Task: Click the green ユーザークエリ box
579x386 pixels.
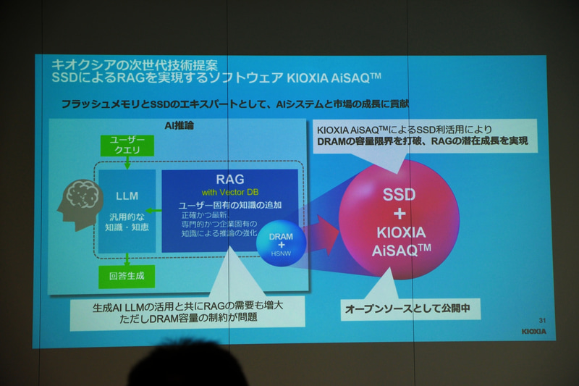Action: [x=128, y=144]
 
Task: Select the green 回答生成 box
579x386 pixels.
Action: [x=127, y=276]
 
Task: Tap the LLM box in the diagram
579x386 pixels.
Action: [x=127, y=211]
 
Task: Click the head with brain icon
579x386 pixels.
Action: [x=80, y=205]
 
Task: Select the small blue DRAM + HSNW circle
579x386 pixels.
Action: [x=282, y=243]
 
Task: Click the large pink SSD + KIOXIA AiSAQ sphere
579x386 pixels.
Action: [x=399, y=217]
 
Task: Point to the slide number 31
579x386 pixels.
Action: [x=542, y=319]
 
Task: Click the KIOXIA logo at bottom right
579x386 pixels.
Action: [x=533, y=332]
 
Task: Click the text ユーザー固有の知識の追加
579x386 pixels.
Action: [x=230, y=205]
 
